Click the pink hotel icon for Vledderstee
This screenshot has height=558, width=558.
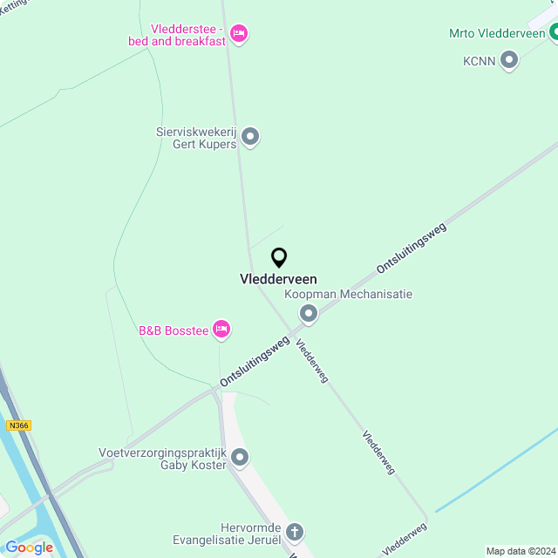tap(239, 34)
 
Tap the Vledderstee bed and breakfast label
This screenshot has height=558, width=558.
tap(187, 35)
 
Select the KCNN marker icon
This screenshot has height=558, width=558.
tap(509, 60)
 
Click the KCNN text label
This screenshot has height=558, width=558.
tap(479, 61)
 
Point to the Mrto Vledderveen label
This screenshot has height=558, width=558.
tap(496, 33)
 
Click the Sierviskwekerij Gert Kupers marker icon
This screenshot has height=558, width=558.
tap(250, 137)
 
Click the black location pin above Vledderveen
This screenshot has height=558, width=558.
tap(279, 258)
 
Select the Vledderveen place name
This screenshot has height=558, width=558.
tap(278, 279)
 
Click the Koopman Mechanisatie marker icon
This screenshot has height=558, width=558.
tap(308, 313)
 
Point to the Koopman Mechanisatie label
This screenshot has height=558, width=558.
tap(349, 295)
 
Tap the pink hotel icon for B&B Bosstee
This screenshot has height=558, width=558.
tap(221, 329)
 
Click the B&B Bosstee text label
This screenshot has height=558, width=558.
tap(174, 330)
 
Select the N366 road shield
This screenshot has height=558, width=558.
tap(18, 425)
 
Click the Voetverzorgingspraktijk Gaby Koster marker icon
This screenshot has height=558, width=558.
tap(241, 458)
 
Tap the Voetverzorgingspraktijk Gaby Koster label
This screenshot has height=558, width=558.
tap(163, 459)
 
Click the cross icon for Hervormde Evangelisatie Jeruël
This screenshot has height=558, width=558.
tap(295, 532)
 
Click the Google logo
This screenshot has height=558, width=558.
tap(29, 547)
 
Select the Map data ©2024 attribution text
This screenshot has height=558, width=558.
tap(520, 551)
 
